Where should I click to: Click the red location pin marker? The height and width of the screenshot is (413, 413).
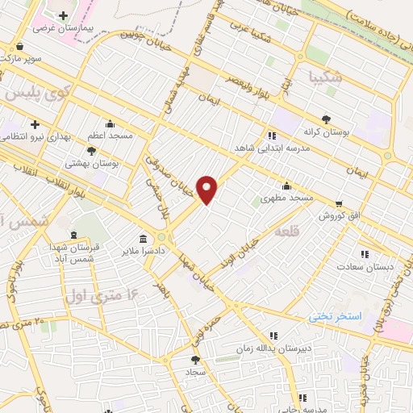[x=207, y=190]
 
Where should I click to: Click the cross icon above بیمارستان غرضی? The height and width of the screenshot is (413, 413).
[x=62, y=15]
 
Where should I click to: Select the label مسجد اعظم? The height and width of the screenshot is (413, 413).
[x=110, y=136]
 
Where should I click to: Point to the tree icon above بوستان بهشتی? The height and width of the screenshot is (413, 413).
[x=92, y=150]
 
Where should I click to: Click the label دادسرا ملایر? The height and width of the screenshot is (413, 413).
[x=143, y=252]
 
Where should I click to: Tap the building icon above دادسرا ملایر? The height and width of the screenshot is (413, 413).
[x=143, y=239]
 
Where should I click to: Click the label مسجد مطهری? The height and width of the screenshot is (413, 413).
[x=288, y=198]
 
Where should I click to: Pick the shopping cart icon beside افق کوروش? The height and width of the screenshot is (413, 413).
[x=341, y=203]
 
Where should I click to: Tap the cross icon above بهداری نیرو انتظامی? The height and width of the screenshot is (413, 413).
[x=35, y=125]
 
